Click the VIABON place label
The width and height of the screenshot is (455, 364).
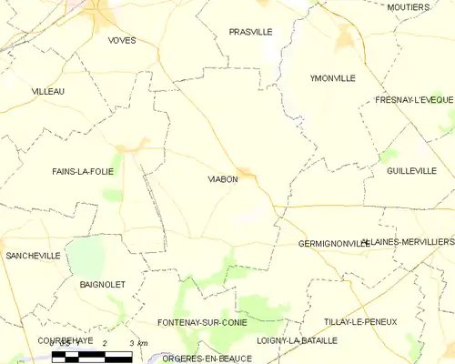(223, 179)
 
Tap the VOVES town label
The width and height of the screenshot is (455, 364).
(121, 41)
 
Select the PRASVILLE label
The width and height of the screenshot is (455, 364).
(250, 32)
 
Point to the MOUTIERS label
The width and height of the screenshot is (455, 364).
(408, 7)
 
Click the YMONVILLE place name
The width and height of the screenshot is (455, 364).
(332, 78)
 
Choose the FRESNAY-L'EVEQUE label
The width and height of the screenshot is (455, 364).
(414, 100)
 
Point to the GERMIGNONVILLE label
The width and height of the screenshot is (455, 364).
(334, 244)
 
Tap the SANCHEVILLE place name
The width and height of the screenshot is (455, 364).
(33, 256)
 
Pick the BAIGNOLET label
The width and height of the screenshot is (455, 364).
(102, 285)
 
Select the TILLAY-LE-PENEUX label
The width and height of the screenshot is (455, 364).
(362, 322)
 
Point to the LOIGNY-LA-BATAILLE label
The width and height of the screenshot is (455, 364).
(297, 340)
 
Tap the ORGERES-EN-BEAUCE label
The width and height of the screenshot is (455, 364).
(206, 359)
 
